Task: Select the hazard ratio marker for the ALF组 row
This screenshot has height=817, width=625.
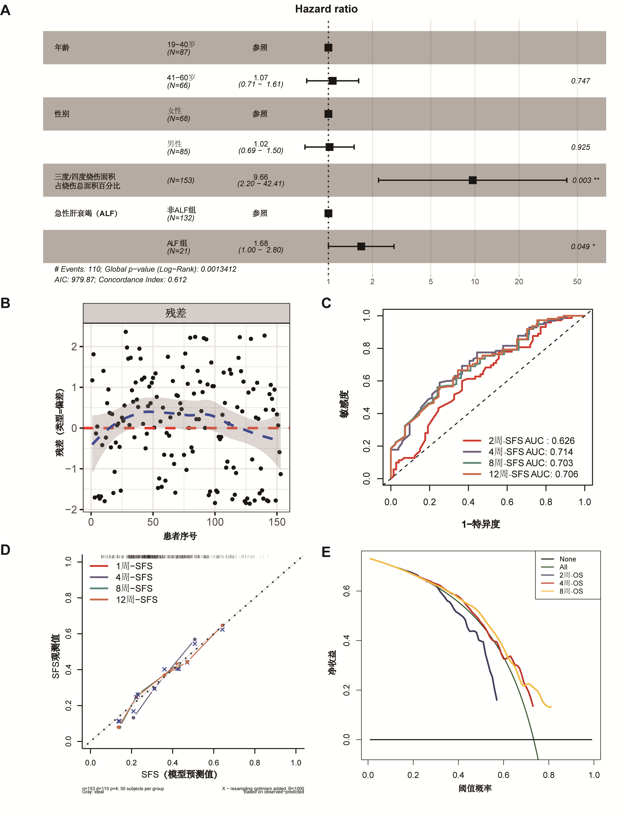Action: pos(361,247)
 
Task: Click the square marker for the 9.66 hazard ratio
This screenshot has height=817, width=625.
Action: pos(473,180)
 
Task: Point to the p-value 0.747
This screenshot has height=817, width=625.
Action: pos(580,81)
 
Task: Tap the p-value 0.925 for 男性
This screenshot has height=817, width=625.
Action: pos(580,147)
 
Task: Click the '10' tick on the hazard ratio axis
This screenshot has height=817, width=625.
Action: pos(475,281)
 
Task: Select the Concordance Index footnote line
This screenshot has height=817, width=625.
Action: pos(121,279)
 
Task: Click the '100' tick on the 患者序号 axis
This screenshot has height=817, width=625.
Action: pos(215,522)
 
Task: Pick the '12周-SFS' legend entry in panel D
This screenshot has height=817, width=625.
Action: pos(136,600)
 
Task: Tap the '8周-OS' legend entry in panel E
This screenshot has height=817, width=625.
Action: pos(571,591)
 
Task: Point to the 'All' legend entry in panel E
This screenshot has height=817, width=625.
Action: pos(563,567)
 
